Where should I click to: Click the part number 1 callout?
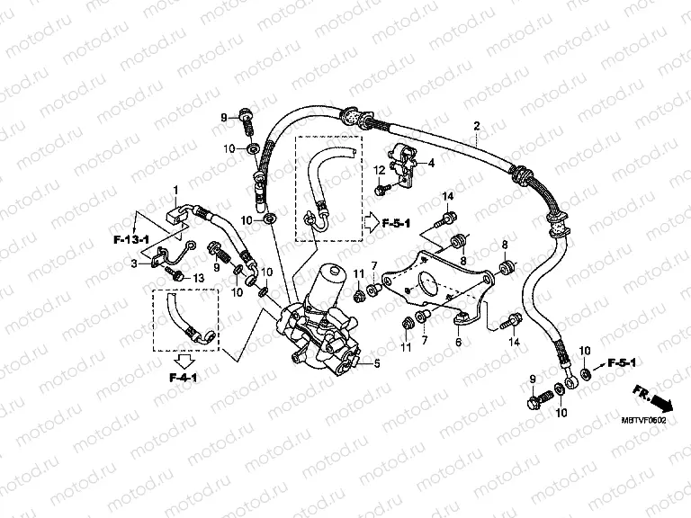176,189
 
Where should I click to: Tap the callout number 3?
134,263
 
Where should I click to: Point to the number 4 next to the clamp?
430,163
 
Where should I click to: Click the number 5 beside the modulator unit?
377,363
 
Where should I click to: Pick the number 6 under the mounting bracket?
457,343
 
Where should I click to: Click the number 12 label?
381,170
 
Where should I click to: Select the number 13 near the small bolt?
200,278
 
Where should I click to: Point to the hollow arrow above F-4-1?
185,361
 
